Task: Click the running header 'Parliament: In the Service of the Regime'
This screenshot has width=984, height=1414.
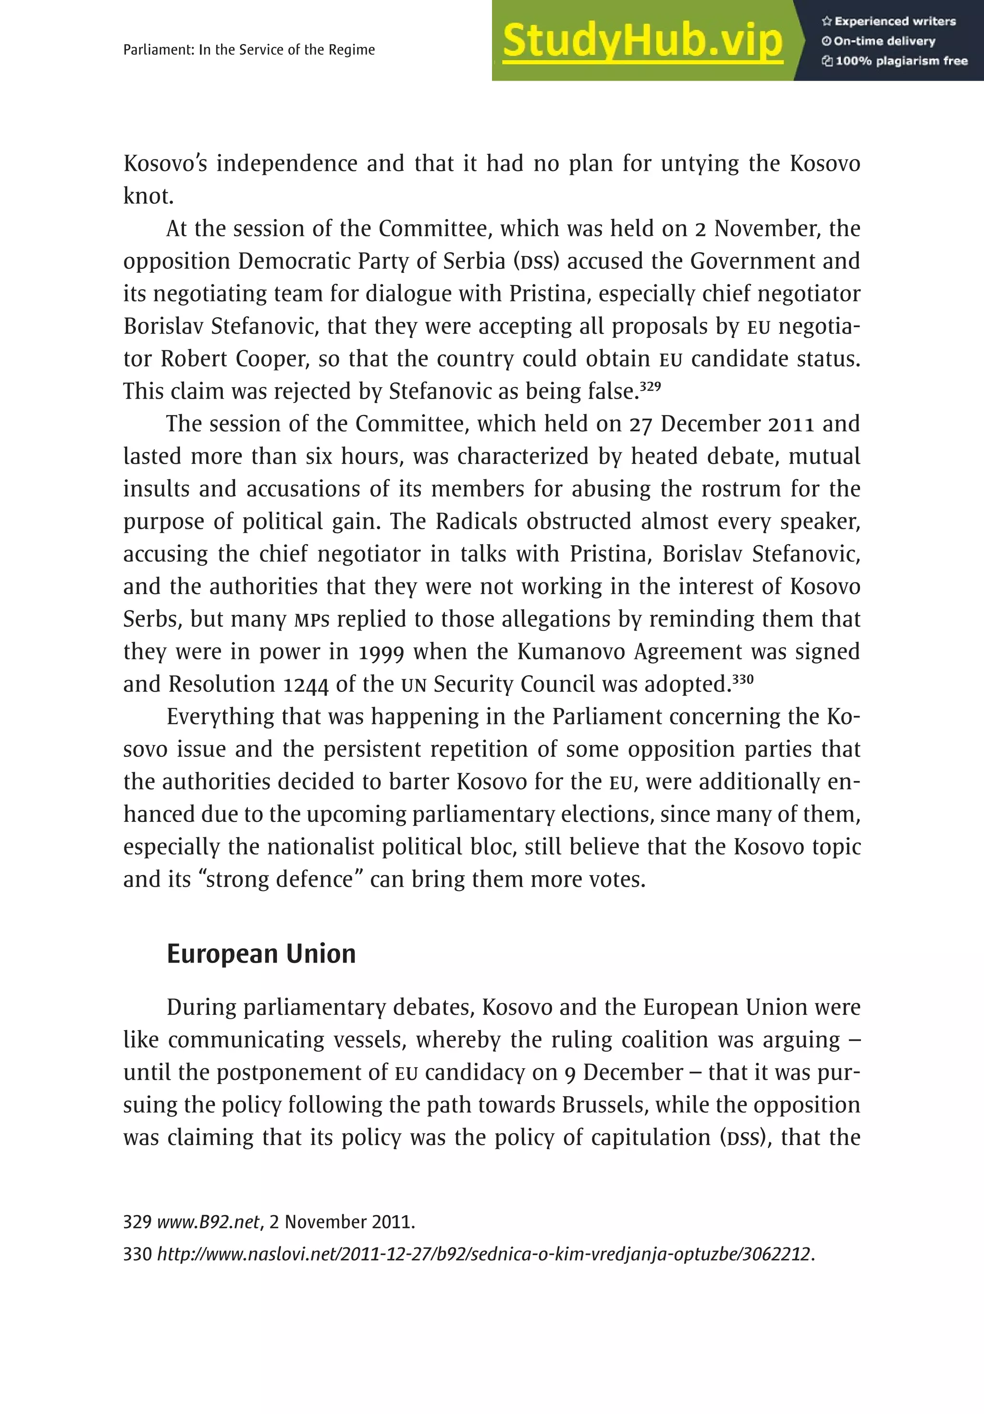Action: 249,50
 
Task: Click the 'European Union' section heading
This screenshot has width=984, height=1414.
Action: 261,954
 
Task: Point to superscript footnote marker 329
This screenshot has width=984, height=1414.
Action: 650,387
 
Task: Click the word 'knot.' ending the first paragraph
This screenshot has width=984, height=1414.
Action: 148,196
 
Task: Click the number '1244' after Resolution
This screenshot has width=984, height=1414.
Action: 306,685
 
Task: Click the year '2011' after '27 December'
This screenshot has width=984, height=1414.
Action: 791,424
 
